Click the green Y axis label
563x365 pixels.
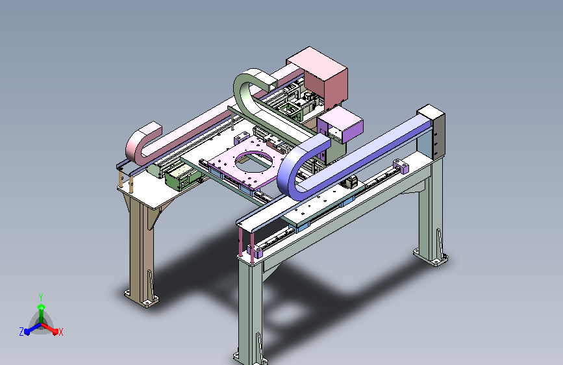tap(40, 297)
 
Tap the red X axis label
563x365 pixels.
tap(60, 332)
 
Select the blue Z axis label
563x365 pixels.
tap(21, 332)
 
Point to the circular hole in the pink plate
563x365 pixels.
tap(253, 162)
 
